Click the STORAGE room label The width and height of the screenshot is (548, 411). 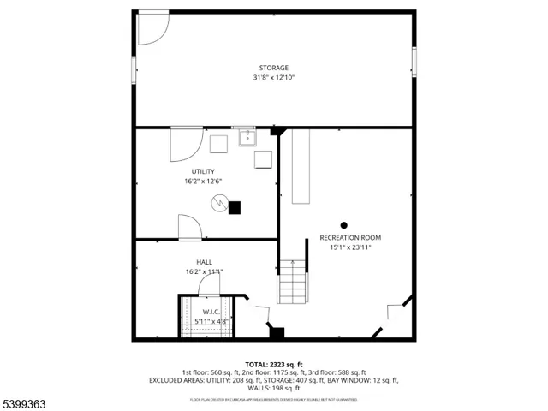pyautogui.click(x=274, y=68)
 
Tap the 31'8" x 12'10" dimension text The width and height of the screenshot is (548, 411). pyautogui.click(x=274, y=78)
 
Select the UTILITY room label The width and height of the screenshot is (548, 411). pyautogui.click(x=203, y=171)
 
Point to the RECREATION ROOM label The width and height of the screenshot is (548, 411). pyautogui.click(x=350, y=237)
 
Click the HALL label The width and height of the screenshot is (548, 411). pyautogui.click(x=204, y=262)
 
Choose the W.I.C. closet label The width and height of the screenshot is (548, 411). pyautogui.click(x=211, y=312)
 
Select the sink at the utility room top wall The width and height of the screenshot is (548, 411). pyautogui.click(x=247, y=136)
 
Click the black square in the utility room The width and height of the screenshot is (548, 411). pyautogui.click(x=235, y=206)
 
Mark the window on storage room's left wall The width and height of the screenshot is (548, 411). pyautogui.click(x=134, y=68)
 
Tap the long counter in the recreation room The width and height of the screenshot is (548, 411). pyautogui.click(x=301, y=167)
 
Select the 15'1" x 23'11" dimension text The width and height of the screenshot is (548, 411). pyautogui.click(x=350, y=247)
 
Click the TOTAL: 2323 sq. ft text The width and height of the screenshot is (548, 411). pyautogui.click(x=274, y=364)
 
